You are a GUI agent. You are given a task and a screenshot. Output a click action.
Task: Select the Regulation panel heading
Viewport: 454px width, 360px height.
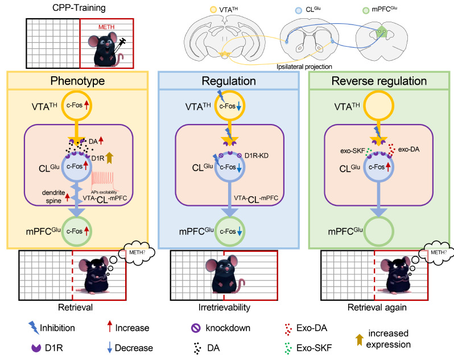tap(228, 81)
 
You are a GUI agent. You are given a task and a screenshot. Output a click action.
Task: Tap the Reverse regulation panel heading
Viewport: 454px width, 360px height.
tap(379, 81)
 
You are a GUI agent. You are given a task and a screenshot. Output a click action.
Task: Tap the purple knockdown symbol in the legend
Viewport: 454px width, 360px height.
tap(195, 328)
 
